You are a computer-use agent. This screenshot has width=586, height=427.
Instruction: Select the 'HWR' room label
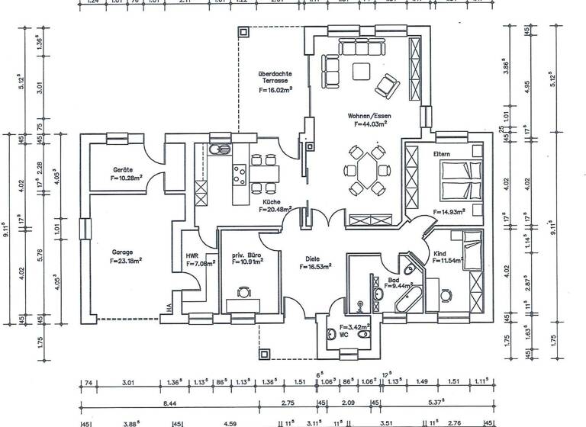(192, 256)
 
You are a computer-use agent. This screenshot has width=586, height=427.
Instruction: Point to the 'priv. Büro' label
(241, 253)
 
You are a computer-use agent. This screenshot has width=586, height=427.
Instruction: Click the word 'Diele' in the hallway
(309, 258)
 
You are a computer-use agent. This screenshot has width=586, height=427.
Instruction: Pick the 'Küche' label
(271, 201)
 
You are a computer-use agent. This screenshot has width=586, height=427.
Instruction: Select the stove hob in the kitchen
(239, 175)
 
